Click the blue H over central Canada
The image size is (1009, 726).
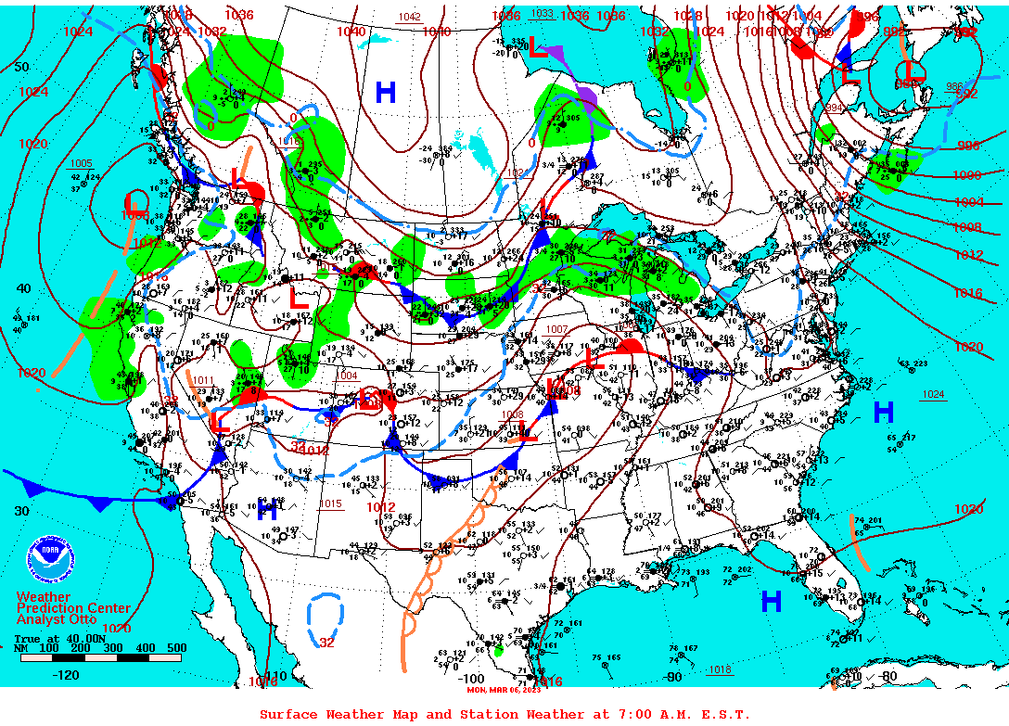pyautogui.click(x=385, y=92)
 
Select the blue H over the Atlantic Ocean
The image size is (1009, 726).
pyautogui.click(x=884, y=412)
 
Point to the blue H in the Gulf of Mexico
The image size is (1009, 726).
pyautogui.click(x=771, y=602)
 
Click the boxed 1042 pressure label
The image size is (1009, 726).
pyautogui.click(x=409, y=18)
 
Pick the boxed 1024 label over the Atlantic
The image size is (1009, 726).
pyautogui.click(x=933, y=395)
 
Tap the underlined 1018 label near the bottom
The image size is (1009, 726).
pyautogui.click(x=720, y=669)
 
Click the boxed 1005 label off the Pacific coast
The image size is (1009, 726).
pyautogui.click(x=82, y=163)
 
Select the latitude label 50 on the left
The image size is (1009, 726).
pyautogui.click(x=21, y=67)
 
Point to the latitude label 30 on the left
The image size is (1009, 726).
pyautogui.click(x=21, y=510)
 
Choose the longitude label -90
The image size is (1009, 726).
pyautogui.click(x=673, y=677)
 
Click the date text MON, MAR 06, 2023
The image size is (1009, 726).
pyautogui.click(x=504, y=690)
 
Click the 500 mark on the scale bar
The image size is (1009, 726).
pyautogui.click(x=176, y=648)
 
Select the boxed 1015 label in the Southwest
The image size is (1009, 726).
pyautogui.click(x=330, y=504)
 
